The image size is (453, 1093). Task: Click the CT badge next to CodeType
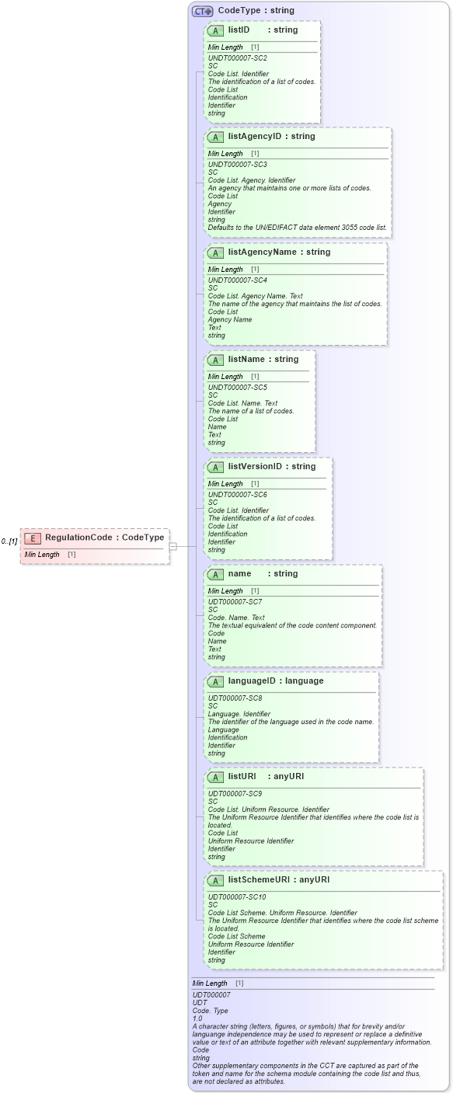203,11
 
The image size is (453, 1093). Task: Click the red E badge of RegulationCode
33,538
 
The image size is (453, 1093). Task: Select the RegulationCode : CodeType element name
104,538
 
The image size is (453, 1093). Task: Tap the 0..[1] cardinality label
9,541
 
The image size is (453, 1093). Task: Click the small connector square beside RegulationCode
173,546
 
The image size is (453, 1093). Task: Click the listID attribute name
239,30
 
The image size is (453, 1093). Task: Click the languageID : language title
275,681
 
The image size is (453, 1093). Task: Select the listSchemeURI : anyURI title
278,879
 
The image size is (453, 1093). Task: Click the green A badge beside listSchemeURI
217,880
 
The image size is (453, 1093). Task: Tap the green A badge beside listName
217,360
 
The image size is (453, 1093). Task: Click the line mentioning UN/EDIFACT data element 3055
297,228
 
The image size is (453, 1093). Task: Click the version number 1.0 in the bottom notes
197,1018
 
